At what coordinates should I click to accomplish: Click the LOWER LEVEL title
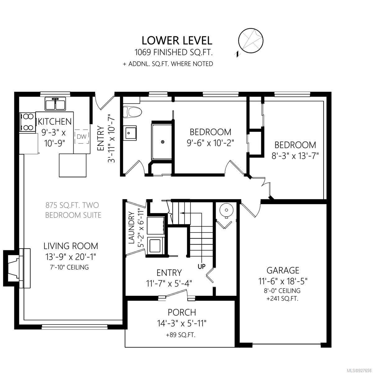click(x=177, y=41)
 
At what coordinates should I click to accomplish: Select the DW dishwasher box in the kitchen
click(x=82, y=137)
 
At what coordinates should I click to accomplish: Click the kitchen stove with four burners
click(x=28, y=122)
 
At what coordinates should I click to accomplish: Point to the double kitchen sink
click(x=55, y=104)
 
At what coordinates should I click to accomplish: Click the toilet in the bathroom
click(x=132, y=112)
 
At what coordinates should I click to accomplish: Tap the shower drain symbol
click(x=163, y=142)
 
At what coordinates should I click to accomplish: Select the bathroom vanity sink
click(x=130, y=133)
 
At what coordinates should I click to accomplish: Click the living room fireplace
click(x=17, y=268)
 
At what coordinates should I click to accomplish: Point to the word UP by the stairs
click(x=201, y=267)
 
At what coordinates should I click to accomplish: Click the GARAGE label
click(x=283, y=270)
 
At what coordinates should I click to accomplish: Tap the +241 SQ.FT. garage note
click(x=283, y=299)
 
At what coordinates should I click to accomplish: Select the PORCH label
click(x=182, y=312)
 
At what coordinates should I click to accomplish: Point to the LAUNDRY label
click(x=131, y=228)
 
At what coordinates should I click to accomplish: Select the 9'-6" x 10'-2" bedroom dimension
click(x=210, y=143)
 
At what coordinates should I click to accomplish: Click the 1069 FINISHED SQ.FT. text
click(x=174, y=53)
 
